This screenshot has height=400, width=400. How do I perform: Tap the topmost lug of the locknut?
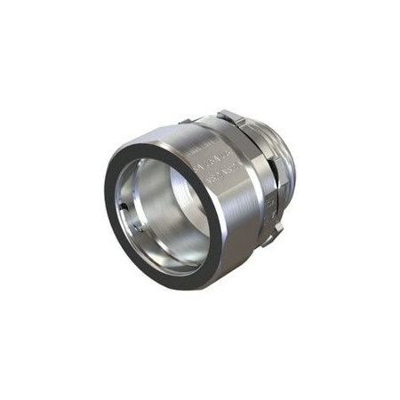click(226, 116)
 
